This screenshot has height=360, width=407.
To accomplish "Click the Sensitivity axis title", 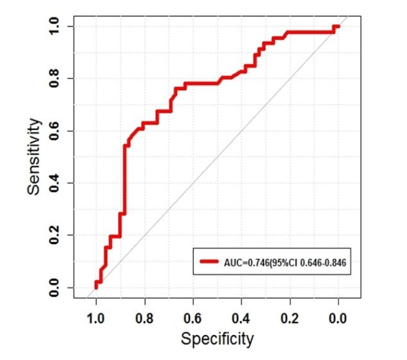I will [x=35, y=157].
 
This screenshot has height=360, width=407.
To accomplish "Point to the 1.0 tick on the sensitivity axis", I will [x=54, y=26].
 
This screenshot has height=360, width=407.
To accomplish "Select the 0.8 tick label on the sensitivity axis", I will [x=54, y=79].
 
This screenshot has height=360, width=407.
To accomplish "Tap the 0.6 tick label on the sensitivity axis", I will [x=54, y=131].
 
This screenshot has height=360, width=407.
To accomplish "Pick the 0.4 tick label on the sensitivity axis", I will [x=54, y=183].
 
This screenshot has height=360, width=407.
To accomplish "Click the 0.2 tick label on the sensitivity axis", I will [x=54, y=235].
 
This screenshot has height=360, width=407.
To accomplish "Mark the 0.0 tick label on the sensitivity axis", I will [x=54, y=287].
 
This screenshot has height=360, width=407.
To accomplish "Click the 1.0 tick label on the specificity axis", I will [x=96, y=317].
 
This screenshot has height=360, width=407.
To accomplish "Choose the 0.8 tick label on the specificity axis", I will [x=144, y=317].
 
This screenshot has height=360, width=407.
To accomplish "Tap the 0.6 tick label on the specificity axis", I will [x=193, y=317].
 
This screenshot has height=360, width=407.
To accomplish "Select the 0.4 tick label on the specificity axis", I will [x=241, y=317].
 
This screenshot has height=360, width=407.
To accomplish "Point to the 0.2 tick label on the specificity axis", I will [x=290, y=317].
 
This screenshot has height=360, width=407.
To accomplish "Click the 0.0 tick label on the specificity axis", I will [x=338, y=317].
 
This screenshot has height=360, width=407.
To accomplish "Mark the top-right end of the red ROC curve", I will [x=337, y=26].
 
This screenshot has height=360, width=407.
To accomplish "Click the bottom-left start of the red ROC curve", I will [x=96, y=287].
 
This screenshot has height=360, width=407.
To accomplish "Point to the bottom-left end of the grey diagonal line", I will [x=88, y=297].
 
